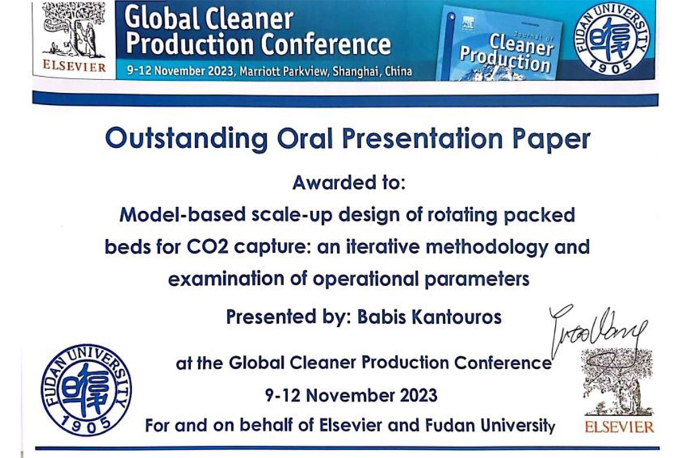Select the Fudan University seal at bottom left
point(86,390)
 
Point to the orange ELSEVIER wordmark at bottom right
point(619,427)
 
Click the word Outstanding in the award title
point(186,139)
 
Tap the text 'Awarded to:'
point(349,183)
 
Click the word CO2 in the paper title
point(208,247)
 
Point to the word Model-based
point(183,215)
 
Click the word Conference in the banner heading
point(326,44)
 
